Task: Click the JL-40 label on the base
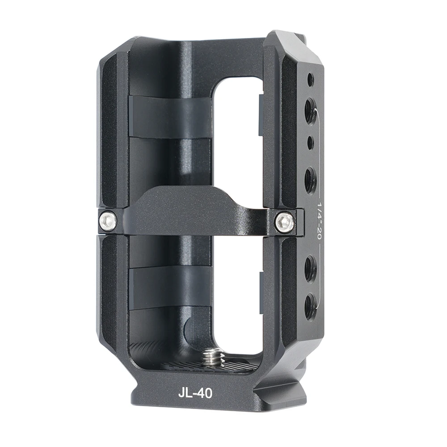(x=195, y=393)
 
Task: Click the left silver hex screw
(x=108, y=221)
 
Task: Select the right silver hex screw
(x=285, y=222)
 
